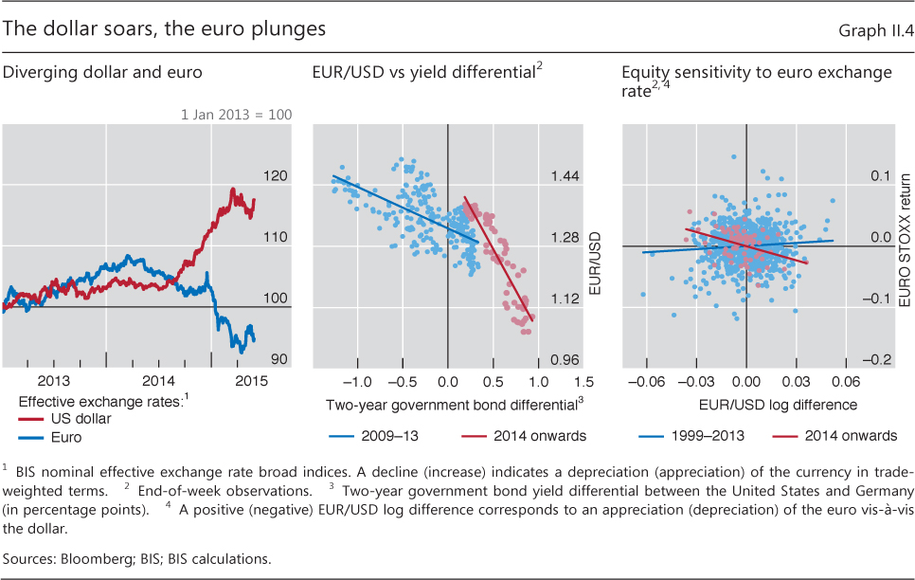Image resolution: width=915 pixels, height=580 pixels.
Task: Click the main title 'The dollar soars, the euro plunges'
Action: [x=165, y=29]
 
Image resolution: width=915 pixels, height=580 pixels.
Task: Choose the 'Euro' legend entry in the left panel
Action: [x=67, y=438]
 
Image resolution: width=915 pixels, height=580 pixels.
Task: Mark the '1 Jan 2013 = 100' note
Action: [x=236, y=115]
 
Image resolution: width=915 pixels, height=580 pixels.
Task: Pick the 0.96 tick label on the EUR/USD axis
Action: [x=565, y=360]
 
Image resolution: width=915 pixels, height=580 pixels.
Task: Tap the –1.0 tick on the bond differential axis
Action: [x=357, y=382]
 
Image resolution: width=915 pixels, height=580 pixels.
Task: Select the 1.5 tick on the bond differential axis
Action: [x=583, y=382]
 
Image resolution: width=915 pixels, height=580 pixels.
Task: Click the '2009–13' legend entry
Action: [x=380, y=436]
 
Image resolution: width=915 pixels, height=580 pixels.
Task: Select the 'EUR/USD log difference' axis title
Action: [x=746, y=405]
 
